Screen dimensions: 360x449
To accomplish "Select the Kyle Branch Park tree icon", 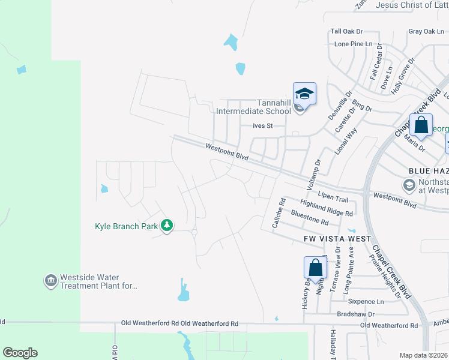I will point(167,226).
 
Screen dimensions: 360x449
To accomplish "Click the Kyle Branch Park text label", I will point(126,226).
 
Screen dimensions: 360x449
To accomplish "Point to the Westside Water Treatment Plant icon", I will point(50,281).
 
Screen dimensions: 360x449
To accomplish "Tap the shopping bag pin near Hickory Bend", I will point(315,268).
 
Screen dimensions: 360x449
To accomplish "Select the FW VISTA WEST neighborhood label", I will point(337,239).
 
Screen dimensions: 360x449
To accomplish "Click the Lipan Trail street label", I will point(333,198).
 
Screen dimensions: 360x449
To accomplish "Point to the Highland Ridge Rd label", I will point(327,208).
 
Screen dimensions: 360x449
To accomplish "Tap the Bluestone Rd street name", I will point(310,218).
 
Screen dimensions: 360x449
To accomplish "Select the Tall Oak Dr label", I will point(347,31).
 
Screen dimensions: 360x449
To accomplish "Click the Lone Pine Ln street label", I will point(354,44).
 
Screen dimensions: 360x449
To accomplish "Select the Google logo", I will point(20,353).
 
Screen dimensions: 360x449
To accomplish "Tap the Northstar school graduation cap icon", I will point(409,185).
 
